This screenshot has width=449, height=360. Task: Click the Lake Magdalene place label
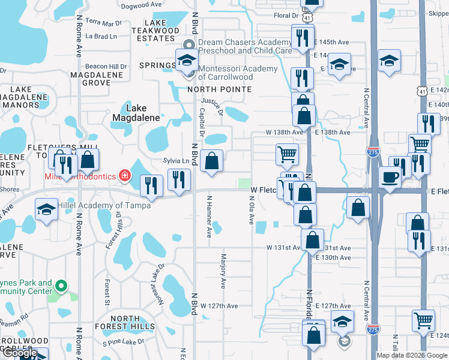(x=127, y=113)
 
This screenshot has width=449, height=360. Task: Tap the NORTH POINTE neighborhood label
(x=218, y=89)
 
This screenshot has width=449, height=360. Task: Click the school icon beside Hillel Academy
(x=46, y=210)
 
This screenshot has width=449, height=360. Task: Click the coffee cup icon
(x=390, y=177)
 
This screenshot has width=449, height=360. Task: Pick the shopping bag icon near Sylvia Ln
(x=211, y=161)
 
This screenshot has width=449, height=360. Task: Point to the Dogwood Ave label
(x=142, y=5)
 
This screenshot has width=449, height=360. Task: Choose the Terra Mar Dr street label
(x=103, y=22)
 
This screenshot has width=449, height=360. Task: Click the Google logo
(x=20, y=353)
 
